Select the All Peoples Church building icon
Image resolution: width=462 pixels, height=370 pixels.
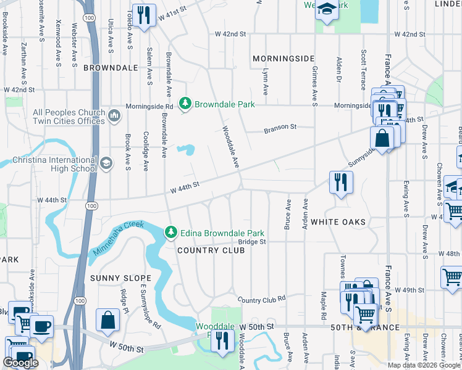tap(114, 116)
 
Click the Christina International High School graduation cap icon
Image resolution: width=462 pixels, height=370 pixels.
tap(106, 163)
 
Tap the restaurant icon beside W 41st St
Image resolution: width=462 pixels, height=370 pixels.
tap(143, 15)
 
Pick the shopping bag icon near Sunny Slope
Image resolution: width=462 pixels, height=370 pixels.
tap(107, 319)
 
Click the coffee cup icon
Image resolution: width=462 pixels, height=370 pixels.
tap(41, 326)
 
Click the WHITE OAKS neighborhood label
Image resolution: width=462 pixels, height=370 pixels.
tap(338, 221)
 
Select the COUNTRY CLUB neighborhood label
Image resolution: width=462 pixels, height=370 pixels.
tap(206, 250)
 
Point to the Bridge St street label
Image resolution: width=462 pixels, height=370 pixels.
tap(252, 242)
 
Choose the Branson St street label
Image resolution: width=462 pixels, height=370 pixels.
tap(280, 128)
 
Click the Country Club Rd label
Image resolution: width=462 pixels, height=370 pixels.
tap(262, 298)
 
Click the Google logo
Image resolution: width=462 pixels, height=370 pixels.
tap(20, 363)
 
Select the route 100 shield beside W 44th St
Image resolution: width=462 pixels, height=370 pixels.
tap(91, 205)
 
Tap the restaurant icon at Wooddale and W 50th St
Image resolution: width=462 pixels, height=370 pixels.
tap(222, 340)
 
